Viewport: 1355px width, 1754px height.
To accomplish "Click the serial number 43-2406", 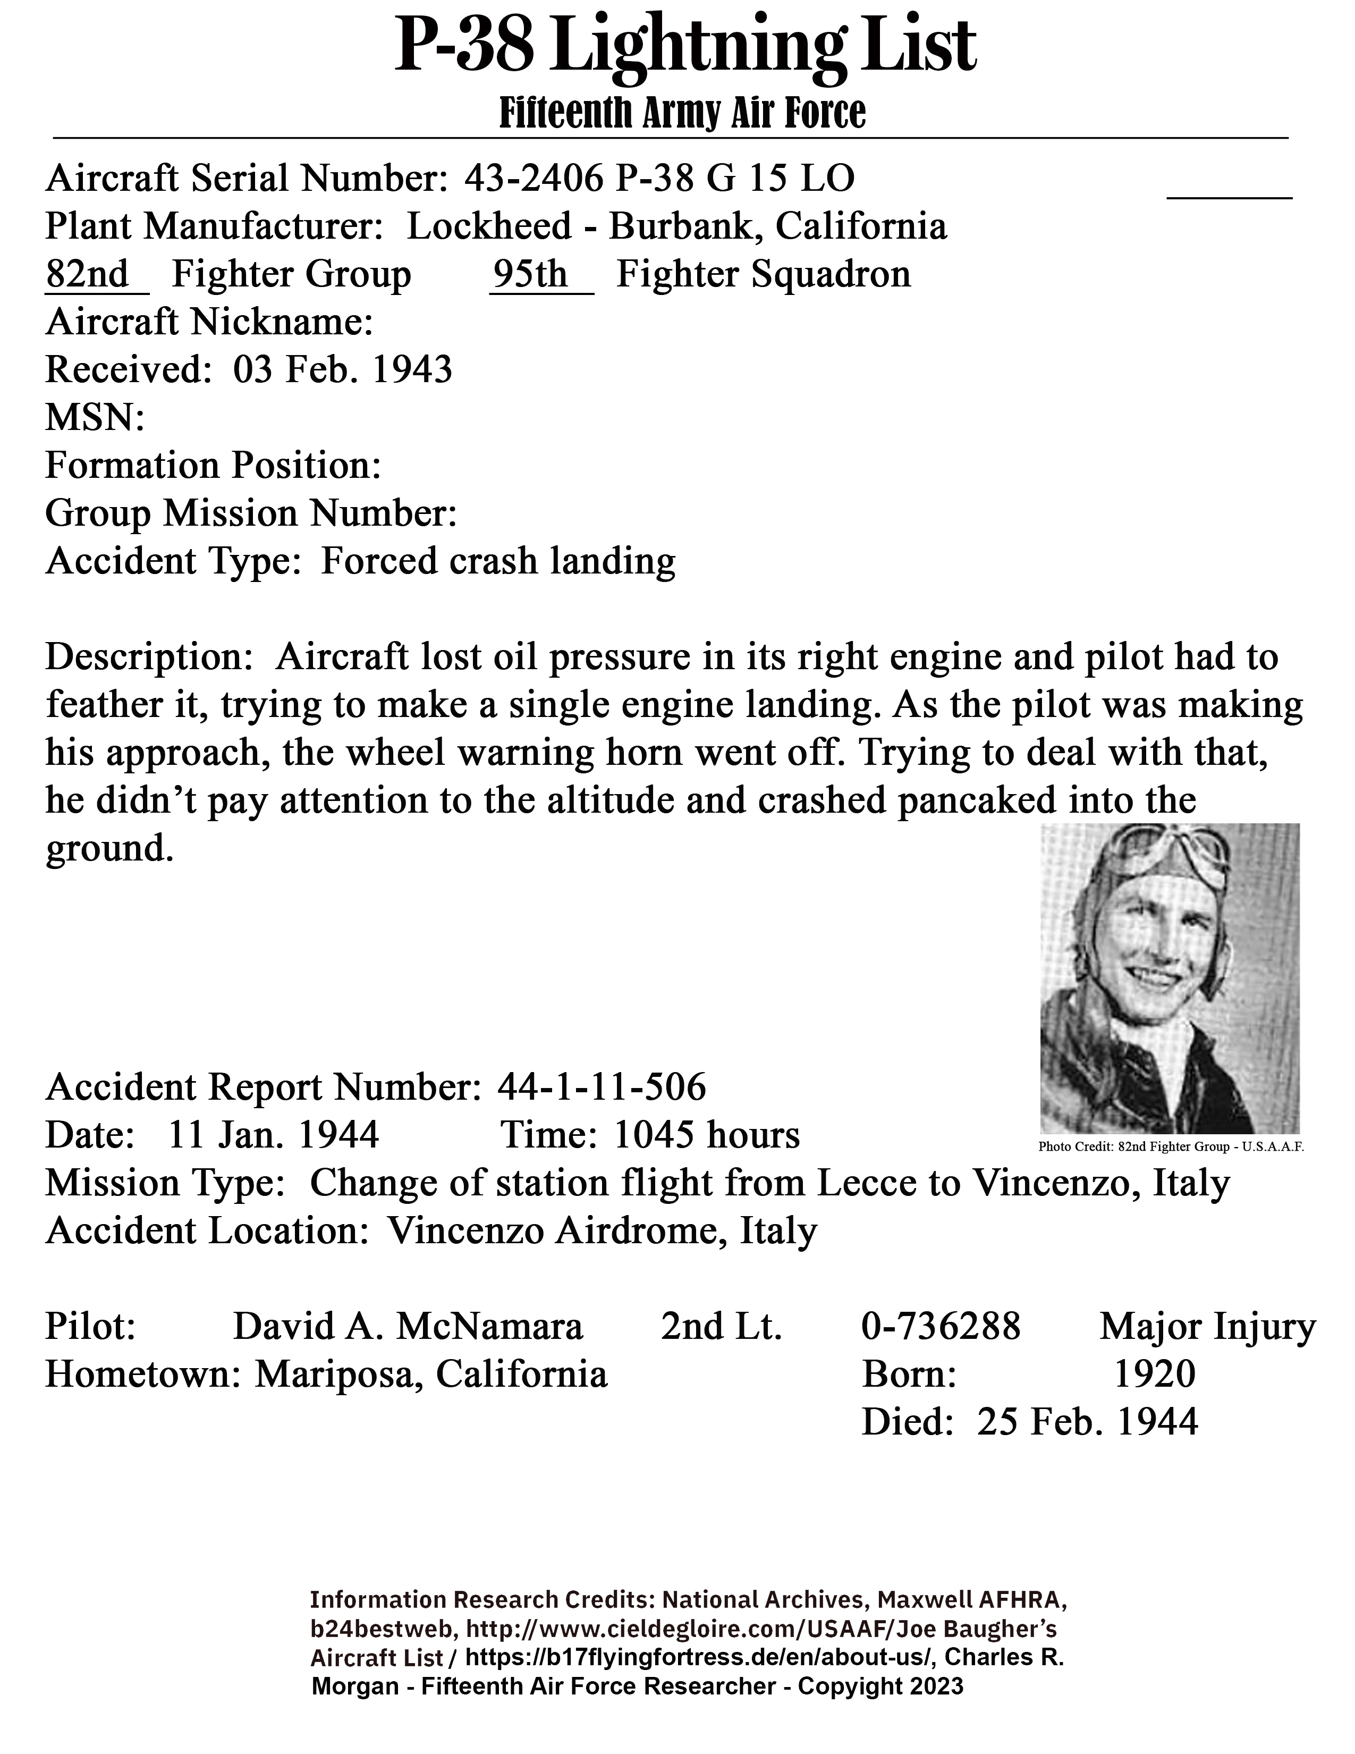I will tap(533, 178).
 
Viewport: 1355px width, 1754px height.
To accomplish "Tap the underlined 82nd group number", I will tap(88, 275).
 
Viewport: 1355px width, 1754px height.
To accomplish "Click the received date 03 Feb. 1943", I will tap(343, 369).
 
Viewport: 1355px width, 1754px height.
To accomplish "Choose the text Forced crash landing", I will tap(498, 561).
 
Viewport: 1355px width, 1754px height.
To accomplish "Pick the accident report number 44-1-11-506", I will tap(602, 1087).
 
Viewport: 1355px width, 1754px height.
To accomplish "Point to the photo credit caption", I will tap(1171, 1147).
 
